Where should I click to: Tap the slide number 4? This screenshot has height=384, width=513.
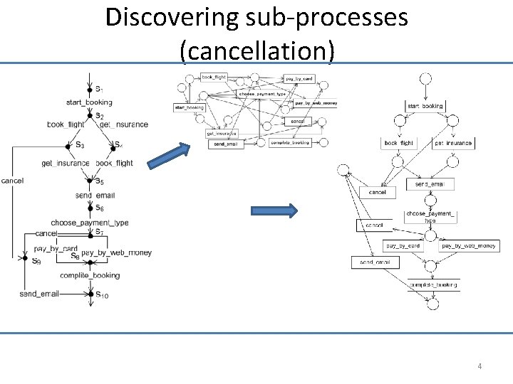pyautogui.click(x=480, y=366)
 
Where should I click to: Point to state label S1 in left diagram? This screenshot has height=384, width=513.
pyautogui.click(x=99, y=90)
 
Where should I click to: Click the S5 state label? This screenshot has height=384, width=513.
pyautogui.click(x=100, y=182)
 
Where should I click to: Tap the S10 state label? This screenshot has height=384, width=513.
pyautogui.click(x=102, y=294)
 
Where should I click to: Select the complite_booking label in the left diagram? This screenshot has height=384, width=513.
pyautogui.click(x=90, y=275)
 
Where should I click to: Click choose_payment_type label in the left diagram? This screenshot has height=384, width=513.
pyautogui.click(x=90, y=223)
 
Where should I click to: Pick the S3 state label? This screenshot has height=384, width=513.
pyautogui.click(x=79, y=145)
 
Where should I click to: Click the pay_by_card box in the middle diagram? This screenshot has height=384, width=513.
pyautogui.click(x=299, y=78)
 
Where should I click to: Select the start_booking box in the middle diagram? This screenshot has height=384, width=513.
pyautogui.click(x=189, y=108)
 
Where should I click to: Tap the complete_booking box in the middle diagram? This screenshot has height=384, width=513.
pyautogui.click(x=289, y=142)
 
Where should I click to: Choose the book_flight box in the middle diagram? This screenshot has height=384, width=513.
pyautogui.click(x=214, y=77)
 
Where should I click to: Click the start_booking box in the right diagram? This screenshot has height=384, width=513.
pyautogui.click(x=425, y=106)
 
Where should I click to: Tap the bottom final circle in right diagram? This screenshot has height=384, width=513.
pyautogui.click(x=432, y=304)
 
